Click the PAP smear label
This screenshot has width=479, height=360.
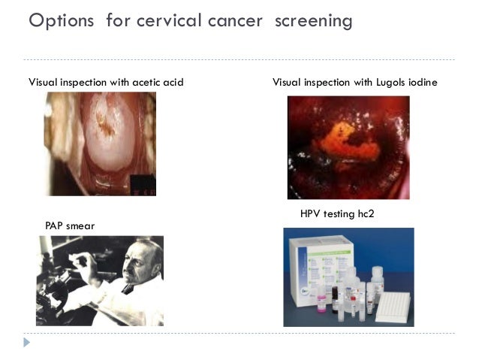pyautogui.click(x=71, y=225)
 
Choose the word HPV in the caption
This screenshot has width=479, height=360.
pyautogui.click(x=311, y=214)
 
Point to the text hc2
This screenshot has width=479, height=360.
pyautogui.click(x=366, y=214)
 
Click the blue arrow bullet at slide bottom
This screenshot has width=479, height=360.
pyautogui.click(x=28, y=342)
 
